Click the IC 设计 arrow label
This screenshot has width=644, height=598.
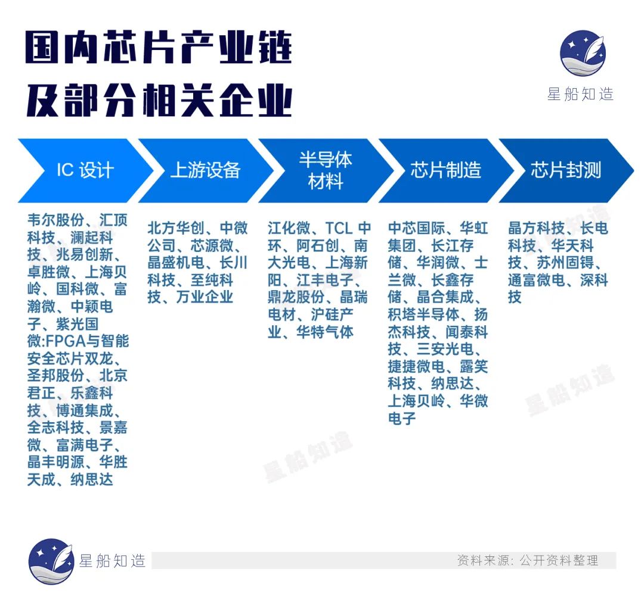coord(85,170)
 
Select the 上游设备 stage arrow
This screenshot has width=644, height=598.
coord(205,170)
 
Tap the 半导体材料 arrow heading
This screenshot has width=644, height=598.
coord(326,170)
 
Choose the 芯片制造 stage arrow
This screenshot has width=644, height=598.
coord(445,170)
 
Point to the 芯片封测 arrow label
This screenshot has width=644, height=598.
coord(565,170)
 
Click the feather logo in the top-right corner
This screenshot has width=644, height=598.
coord(583,53)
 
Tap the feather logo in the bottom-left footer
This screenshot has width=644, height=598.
coord(51,561)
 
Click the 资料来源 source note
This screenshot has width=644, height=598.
coord(528,560)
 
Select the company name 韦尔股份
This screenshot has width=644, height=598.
coord(56,220)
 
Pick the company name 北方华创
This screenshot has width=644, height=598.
coord(176,228)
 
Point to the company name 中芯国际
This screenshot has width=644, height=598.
coord(416,228)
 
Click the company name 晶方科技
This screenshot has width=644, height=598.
coord(537,228)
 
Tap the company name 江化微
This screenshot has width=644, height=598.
coord(289,228)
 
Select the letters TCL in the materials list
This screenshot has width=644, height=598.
coord(339,228)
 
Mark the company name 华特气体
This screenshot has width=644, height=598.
coord(325,332)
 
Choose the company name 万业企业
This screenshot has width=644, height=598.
coord(205,297)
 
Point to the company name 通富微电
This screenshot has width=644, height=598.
coord(537,280)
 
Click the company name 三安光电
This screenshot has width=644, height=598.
coord(445,349)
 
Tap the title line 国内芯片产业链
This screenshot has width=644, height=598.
coord(159,47)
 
